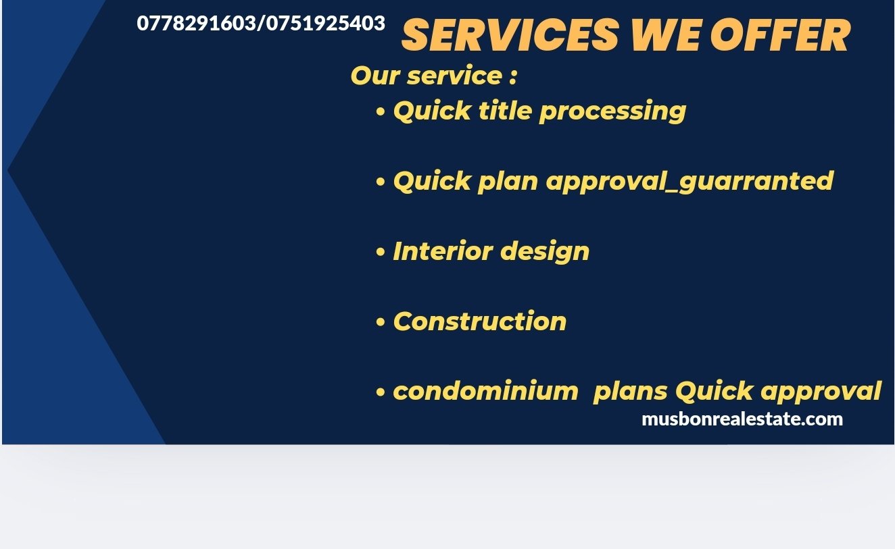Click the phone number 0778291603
coord(196,23)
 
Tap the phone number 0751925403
coord(326,23)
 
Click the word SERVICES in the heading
coord(510,35)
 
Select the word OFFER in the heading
coord(781,35)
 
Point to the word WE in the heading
coord(665,35)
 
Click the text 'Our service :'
coord(434,75)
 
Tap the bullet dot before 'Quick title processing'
coord(381,112)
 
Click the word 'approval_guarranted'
coord(690,182)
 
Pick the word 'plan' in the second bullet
coord(508,182)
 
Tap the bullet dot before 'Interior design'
coord(381,253)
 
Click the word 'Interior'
coord(443,251)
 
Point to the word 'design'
coord(545,253)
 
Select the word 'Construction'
coord(480,321)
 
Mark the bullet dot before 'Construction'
coord(381,323)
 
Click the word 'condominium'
coord(486,390)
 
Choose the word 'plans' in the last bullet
coord(631,392)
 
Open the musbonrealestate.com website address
coord(742,419)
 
